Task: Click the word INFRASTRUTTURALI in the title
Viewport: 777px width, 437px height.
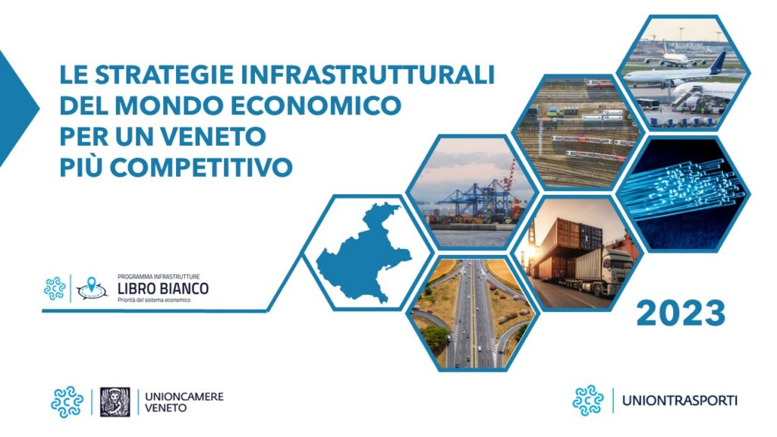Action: click(368, 75)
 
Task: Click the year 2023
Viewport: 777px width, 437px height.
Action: click(681, 313)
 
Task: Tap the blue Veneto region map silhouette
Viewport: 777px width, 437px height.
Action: click(363, 252)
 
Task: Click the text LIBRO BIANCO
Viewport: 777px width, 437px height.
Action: click(163, 288)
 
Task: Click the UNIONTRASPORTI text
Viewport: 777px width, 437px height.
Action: click(679, 401)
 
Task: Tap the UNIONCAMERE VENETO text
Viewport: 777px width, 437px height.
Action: click(184, 402)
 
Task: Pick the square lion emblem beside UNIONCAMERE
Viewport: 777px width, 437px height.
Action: click(115, 402)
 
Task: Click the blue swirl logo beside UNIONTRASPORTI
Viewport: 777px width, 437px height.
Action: click(588, 401)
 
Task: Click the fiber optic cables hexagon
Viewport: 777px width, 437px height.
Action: click(684, 193)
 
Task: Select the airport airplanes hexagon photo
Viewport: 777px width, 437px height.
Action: click(684, 74)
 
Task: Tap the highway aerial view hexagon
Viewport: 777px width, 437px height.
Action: click(472, 313)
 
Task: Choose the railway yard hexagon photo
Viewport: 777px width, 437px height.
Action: click(577, 133)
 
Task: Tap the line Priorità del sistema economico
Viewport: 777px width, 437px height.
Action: click(153, 300)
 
